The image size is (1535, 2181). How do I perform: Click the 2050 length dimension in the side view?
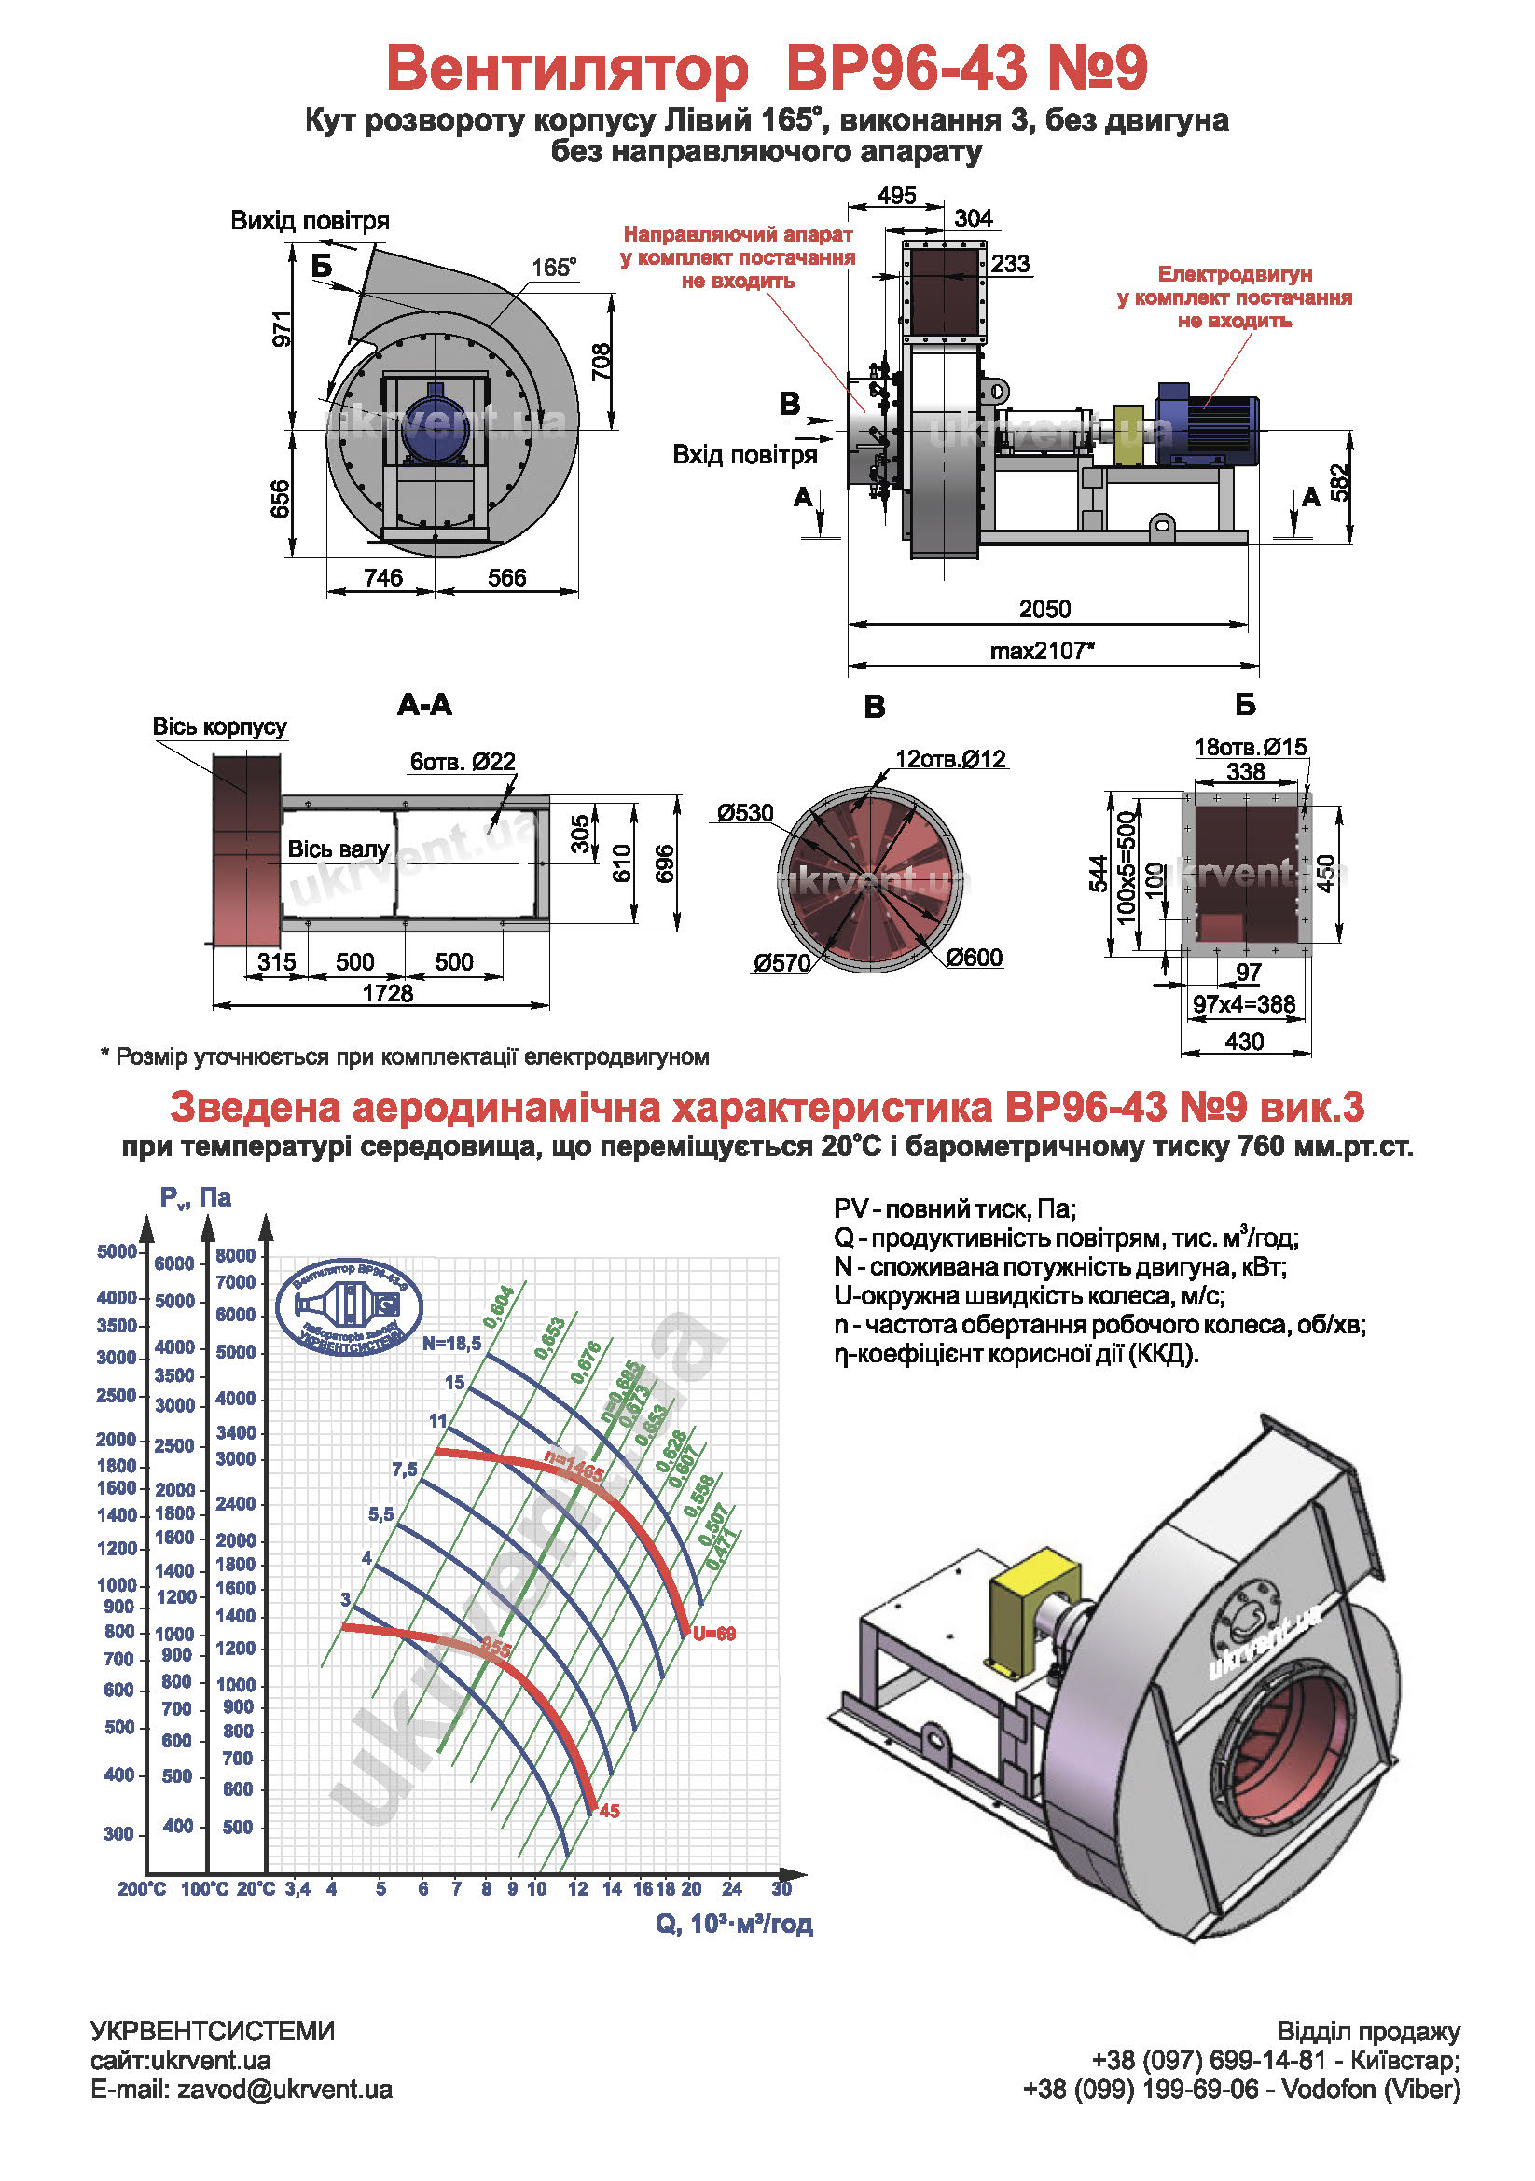[1044, 609]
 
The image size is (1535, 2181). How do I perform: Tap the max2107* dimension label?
[1042, 651]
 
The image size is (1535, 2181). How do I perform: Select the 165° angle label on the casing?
[554, 268]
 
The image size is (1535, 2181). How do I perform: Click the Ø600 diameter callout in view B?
[974, 958]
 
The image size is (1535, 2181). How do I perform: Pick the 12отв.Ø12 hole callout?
[950, 759]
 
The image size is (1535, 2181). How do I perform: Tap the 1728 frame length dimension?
[388, 993]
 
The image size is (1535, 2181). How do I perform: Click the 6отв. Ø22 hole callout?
[463, 762]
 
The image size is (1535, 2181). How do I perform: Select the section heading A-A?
[424, 705]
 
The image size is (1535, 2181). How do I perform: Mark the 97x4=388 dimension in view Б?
[1243, 1003]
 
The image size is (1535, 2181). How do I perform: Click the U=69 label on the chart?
[713, 1634]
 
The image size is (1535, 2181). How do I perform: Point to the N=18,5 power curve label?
[452, 1343]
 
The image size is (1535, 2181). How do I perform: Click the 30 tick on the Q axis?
[781, 1888]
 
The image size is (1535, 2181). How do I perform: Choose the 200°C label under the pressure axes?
[142, 1889]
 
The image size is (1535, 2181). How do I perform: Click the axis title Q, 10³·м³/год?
[733, 1924]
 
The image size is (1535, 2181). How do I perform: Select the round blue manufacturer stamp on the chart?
[349, 1307]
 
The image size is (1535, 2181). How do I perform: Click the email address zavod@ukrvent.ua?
[285, 2089]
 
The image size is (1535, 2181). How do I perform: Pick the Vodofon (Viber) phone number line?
[1240, 2089]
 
